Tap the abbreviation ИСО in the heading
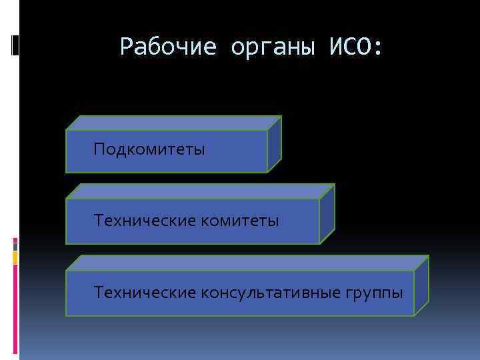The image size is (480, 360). pos(349,47)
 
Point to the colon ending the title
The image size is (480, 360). pos(379,48)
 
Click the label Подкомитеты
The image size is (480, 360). pos(149,149)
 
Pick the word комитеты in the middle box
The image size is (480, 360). pos(243,219)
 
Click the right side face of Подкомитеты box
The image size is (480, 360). pos(274,145)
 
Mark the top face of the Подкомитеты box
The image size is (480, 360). pos(173,123)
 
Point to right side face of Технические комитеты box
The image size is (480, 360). pos(327,213)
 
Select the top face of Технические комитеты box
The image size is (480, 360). pos(200,191)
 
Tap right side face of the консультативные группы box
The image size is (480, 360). pos(421,286)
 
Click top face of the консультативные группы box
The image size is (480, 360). pos(247,263)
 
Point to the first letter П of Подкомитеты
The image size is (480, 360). pos(99,149)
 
